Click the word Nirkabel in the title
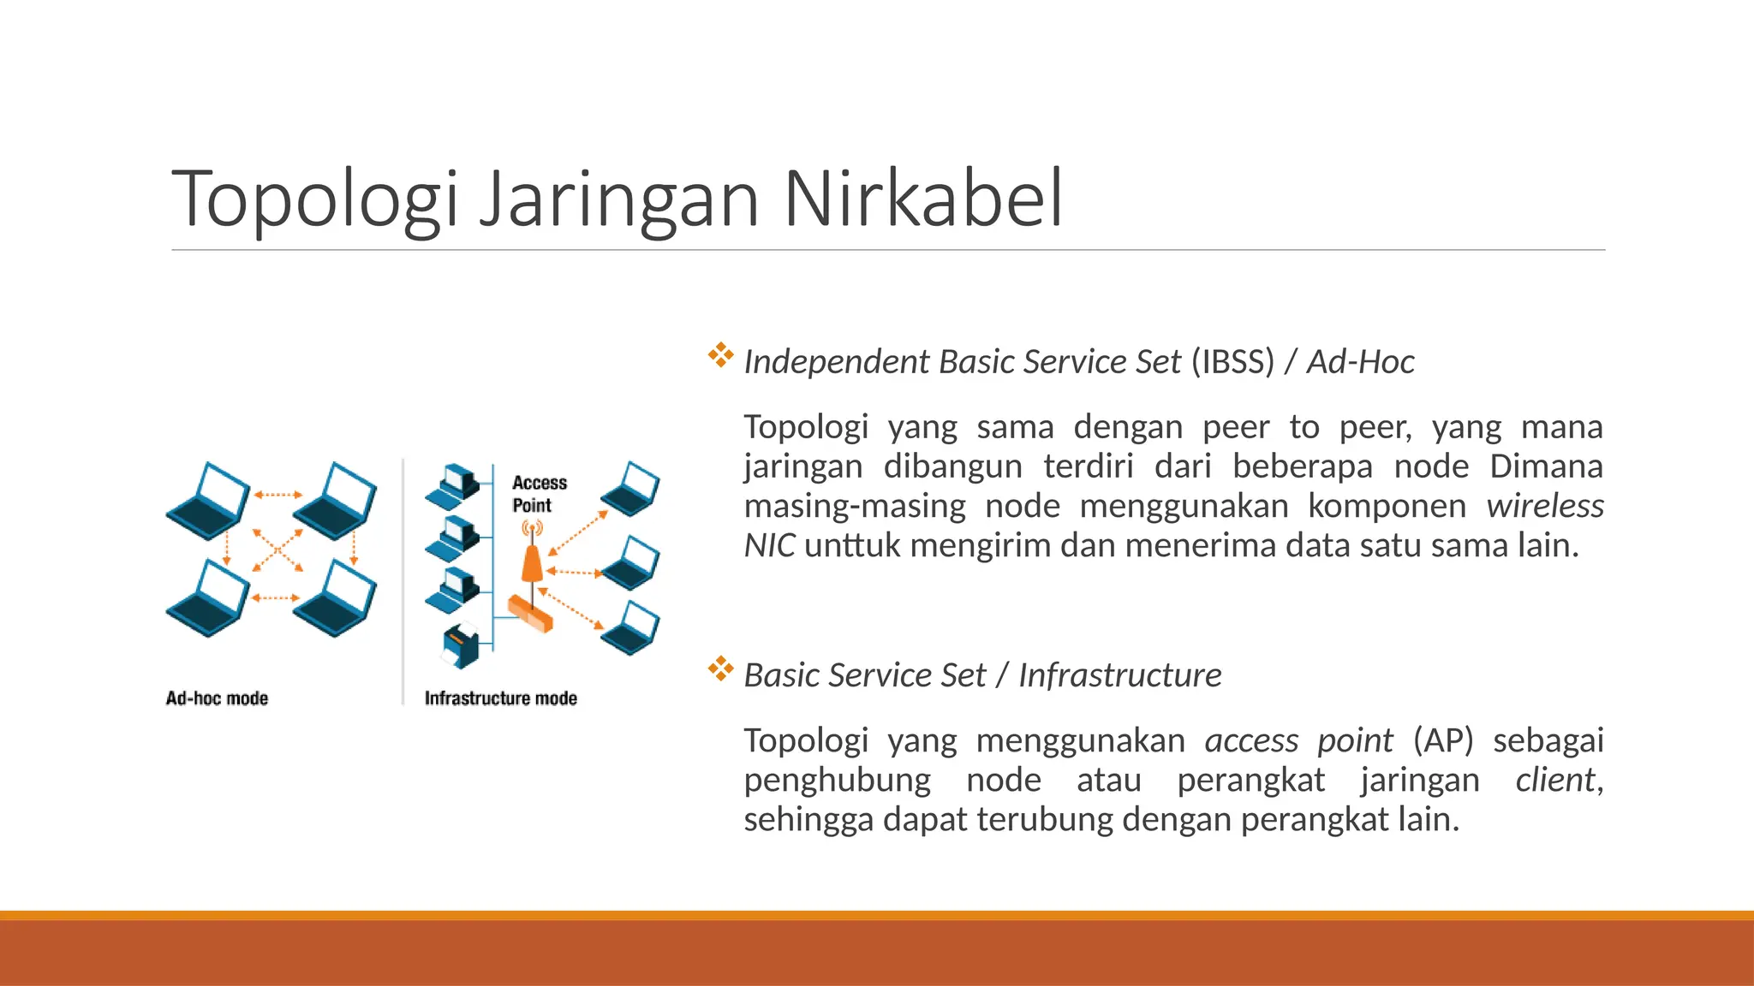tap(922, 199)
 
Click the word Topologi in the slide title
tap(315, 199)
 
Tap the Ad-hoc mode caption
tap(217, 698)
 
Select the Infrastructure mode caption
tap(500, 698)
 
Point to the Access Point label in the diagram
tap(539, 494)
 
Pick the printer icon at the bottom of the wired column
tap(462, 645)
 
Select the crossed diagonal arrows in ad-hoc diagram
tap(277, 549)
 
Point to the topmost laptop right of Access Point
tap(631, 489)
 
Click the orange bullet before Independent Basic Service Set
tap(720, 355)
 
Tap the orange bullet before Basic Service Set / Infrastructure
tap(720, 668)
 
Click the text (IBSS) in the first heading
tap(1232, 362)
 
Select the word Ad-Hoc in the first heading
tap(1360, 362)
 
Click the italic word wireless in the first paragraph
tap(1544, 506)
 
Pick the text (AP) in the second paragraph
tap(1442, 740)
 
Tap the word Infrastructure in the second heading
tap(1119, 675)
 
